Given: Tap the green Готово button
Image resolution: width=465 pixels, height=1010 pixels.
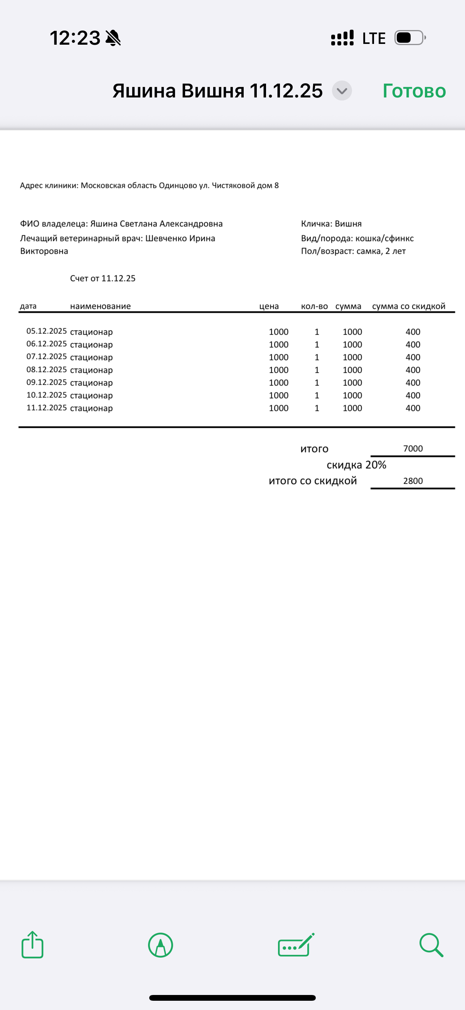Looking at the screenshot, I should point(414,91).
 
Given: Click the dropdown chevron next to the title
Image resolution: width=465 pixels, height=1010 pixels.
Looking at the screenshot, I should point(342,91).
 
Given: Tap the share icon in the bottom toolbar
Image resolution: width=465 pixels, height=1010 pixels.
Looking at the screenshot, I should point(32,945).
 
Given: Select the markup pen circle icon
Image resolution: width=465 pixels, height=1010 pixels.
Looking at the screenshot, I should point(160,945).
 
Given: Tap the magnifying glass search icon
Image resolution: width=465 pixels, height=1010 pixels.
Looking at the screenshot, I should point(431,945).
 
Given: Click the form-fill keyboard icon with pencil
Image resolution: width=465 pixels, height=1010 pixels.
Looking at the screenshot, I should point(296,945).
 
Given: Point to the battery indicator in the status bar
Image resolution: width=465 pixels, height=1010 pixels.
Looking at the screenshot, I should point(409,38).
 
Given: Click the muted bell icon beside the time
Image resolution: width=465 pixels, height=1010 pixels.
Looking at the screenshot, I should point(113,38).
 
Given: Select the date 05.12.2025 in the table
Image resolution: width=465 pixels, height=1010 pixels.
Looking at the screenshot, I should point(46,331).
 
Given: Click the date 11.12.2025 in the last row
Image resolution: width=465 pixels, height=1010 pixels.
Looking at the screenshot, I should point(46,408).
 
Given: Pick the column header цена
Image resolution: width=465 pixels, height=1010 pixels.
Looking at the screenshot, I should point(269,306).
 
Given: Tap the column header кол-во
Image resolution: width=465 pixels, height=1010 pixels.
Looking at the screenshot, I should point(314,306).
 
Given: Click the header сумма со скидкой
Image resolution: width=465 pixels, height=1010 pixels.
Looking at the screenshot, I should point(408,306).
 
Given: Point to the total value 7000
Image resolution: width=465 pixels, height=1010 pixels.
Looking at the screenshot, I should point(413,448).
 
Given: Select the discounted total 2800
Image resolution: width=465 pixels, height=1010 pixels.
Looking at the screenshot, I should point(413,481).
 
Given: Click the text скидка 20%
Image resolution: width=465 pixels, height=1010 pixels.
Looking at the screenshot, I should point(356,465).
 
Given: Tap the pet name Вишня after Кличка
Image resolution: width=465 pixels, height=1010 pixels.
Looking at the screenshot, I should point(348,224).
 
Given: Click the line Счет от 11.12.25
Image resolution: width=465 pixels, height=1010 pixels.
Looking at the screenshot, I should point(103,279).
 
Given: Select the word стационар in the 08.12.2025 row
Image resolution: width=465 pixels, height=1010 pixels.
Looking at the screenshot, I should point(91,370).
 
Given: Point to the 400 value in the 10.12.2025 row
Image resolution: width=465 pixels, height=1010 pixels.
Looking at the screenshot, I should point(413,395).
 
